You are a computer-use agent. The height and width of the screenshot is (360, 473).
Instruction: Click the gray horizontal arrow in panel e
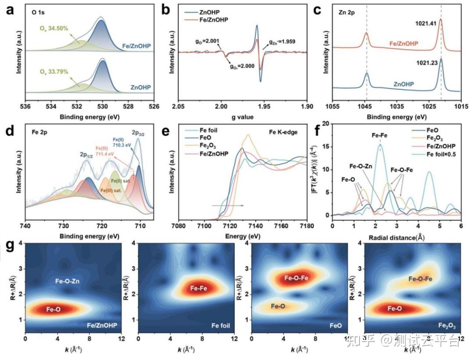coord(227,205)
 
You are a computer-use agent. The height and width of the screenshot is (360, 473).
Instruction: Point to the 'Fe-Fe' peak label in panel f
coord(379,136)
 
